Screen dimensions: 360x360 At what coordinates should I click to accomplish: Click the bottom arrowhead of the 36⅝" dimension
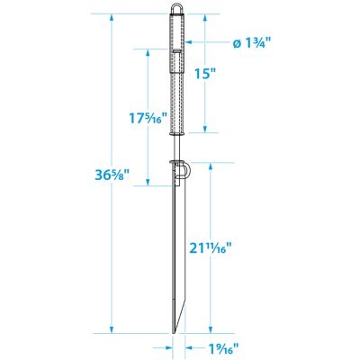pos(111,329)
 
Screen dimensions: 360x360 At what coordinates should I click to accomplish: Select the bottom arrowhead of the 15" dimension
pos(208,130)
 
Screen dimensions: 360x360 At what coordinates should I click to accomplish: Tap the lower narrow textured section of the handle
pos(177,103)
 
